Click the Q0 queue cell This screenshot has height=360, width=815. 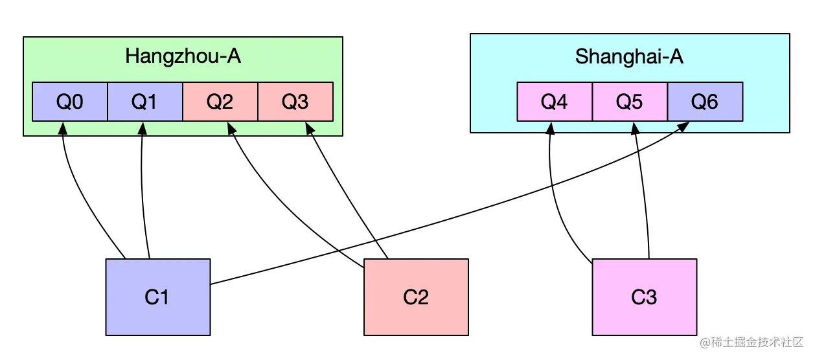[x=70, y=102]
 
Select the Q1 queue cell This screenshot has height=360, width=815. [x=145, y=102]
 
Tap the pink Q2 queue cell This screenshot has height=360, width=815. [x=220, y=102]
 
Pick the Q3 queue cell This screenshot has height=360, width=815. [x=295, y=102]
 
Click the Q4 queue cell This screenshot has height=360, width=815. [x=555, y=102]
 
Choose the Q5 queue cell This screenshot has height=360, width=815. [x=630, y=102]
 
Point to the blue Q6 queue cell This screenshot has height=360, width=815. [x=705, y=102]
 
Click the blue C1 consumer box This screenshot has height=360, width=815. [x=157, y=297]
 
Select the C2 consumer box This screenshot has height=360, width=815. [x=416, y=297]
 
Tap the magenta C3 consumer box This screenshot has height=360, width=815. [x=645, y=297]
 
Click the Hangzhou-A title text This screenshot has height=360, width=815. [x=183, y=56]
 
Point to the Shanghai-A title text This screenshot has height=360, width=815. [x=629, y=57]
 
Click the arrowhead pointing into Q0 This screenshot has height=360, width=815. [x=63, y=127]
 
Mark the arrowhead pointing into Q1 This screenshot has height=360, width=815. [x=141, y=127]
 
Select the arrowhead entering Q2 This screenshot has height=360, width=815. [x=230, y=128]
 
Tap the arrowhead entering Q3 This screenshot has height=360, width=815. [x=309, y=128]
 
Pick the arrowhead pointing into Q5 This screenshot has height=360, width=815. [x=635, y=127]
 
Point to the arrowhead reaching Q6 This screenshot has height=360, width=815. [x=685, y=126]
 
